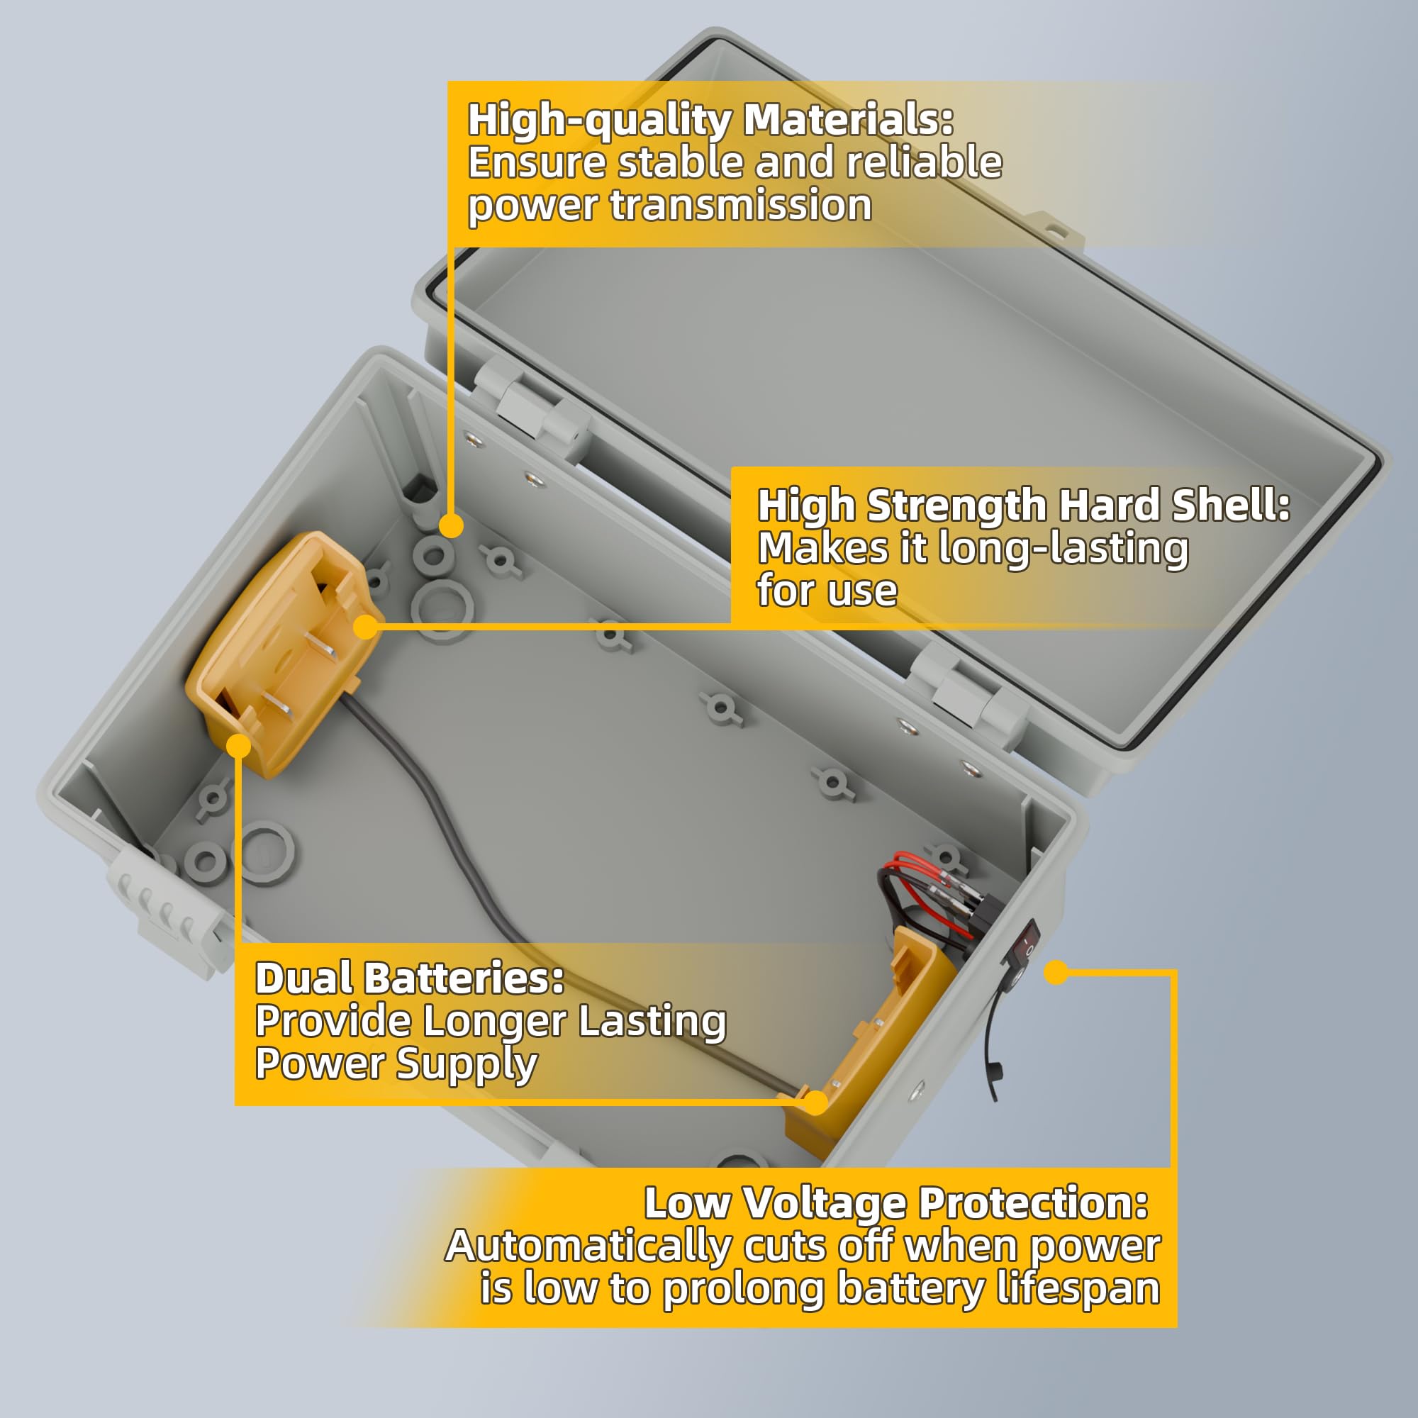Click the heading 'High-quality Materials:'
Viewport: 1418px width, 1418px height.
click(x=710, y=120)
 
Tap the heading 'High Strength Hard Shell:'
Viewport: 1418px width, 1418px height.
click(x=1024, y=505)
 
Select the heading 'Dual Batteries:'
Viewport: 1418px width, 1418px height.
click(x=410, y=978)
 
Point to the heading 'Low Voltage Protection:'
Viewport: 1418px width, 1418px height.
click(x=896, y=1203)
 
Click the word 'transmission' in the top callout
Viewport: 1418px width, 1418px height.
click(x=742, y=205)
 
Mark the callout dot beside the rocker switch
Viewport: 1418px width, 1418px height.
click(x=1056, y=973)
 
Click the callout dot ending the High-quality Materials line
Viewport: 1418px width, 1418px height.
click(x=452, y=525)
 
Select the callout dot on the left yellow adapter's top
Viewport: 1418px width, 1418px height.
click(x=366, y=627)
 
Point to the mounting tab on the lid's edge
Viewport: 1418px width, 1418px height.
click(x=1055, y=230)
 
